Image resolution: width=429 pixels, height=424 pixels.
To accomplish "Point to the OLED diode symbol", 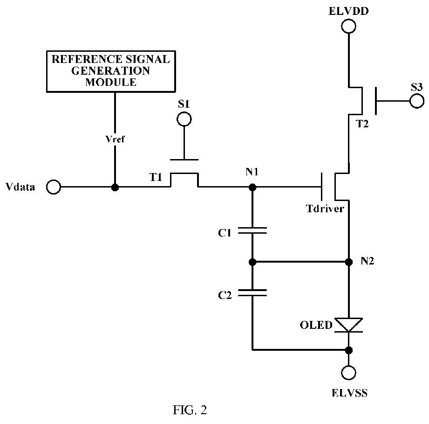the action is pos(348,325).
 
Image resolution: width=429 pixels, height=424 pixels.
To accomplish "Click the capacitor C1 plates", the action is pos(252,230).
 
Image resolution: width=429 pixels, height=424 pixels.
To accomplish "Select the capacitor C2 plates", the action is pos(252,293).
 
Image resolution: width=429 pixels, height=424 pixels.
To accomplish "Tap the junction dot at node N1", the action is pos(252,188).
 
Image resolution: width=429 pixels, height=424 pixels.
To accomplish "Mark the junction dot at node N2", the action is pos(349,262).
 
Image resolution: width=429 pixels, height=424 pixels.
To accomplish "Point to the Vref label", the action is pos(115,139).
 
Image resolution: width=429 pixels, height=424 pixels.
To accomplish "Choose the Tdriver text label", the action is pos(325,209).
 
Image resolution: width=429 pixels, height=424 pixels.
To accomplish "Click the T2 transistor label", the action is pos(362,124).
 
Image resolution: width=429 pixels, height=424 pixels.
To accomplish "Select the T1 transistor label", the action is pos(156,178).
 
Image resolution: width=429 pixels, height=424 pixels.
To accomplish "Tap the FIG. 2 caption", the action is pos(190,410).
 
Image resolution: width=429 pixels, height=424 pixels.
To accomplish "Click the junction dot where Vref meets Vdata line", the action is pos(115,188).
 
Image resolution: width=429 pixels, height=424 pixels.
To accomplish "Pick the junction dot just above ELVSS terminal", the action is pos(349,350).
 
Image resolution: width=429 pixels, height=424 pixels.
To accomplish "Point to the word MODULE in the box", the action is pos(111,82).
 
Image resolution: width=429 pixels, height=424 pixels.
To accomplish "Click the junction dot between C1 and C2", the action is pos(252,262).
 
